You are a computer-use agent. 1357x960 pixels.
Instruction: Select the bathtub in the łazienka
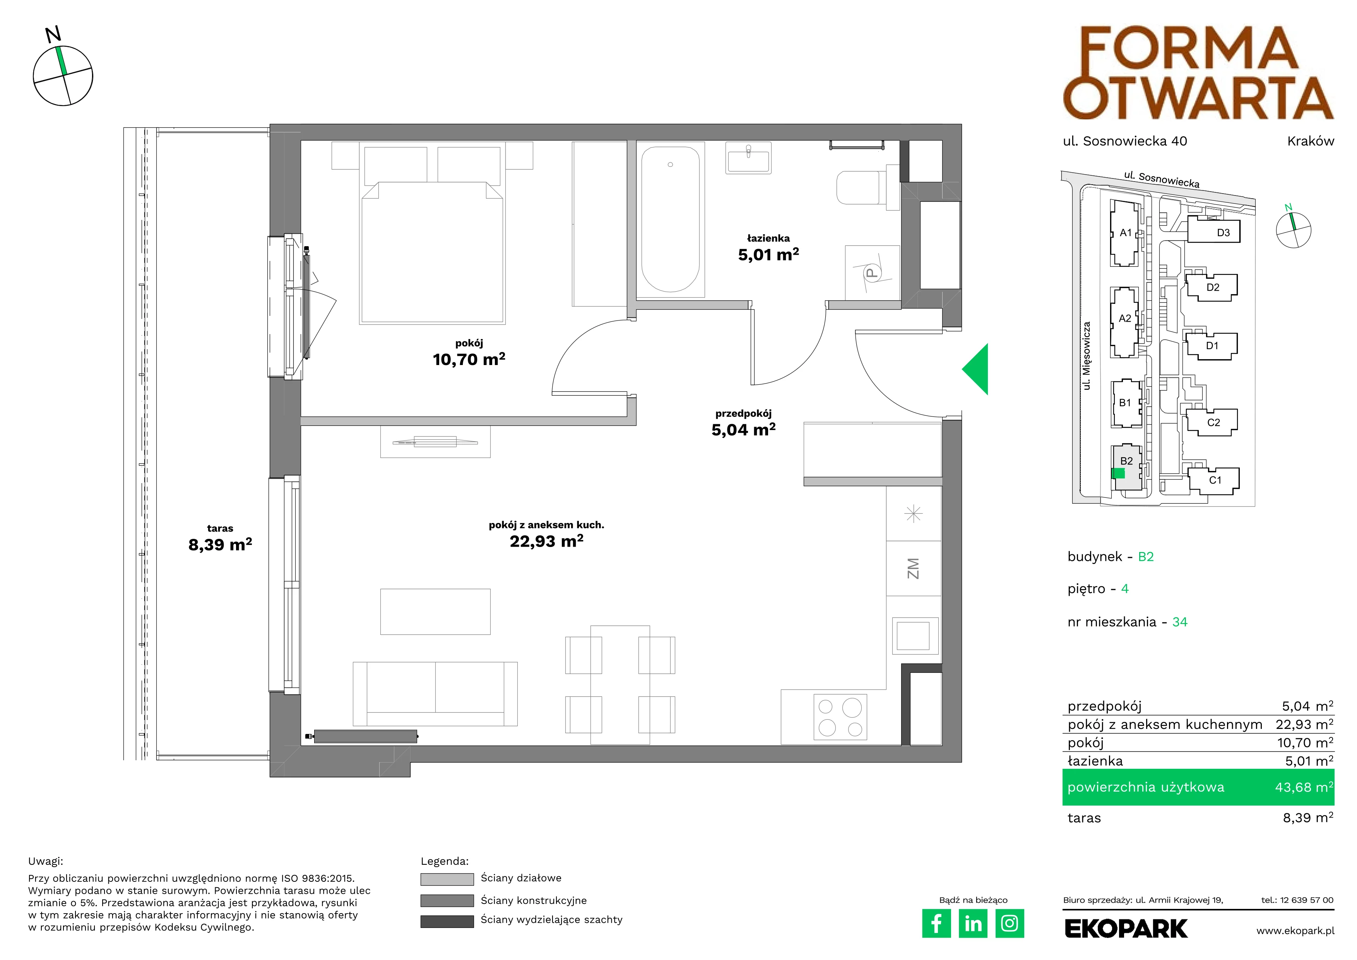pyautogui.click(x=670, y=219)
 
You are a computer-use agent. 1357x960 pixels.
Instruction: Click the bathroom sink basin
pyautogui.click(x=748, y=158)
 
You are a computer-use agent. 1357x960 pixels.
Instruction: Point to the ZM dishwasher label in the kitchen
pyautogui.click(x=913, y=569)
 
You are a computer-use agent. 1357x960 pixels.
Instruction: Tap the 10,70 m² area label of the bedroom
pyautogui.click(x=469, y=359)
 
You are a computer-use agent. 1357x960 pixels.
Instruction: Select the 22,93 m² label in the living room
pyautogui.click(x=547, y=541)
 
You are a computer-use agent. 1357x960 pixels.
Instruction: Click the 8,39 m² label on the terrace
pyautogui.click(x=220, y=544)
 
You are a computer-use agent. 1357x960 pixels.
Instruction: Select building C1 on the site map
pyautogui.click(x=1213, y=479)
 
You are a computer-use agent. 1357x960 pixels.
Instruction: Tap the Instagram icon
pyautogui.click(x=1010, y=923)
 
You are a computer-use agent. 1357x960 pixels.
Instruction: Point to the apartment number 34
pyautogui.click(x=1180, y=622)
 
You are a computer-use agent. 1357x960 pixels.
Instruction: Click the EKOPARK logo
pyautogui.click(x=1126, y=929)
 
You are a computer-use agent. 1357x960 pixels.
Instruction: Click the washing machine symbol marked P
pyautogui.click(x=872, y=273)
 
